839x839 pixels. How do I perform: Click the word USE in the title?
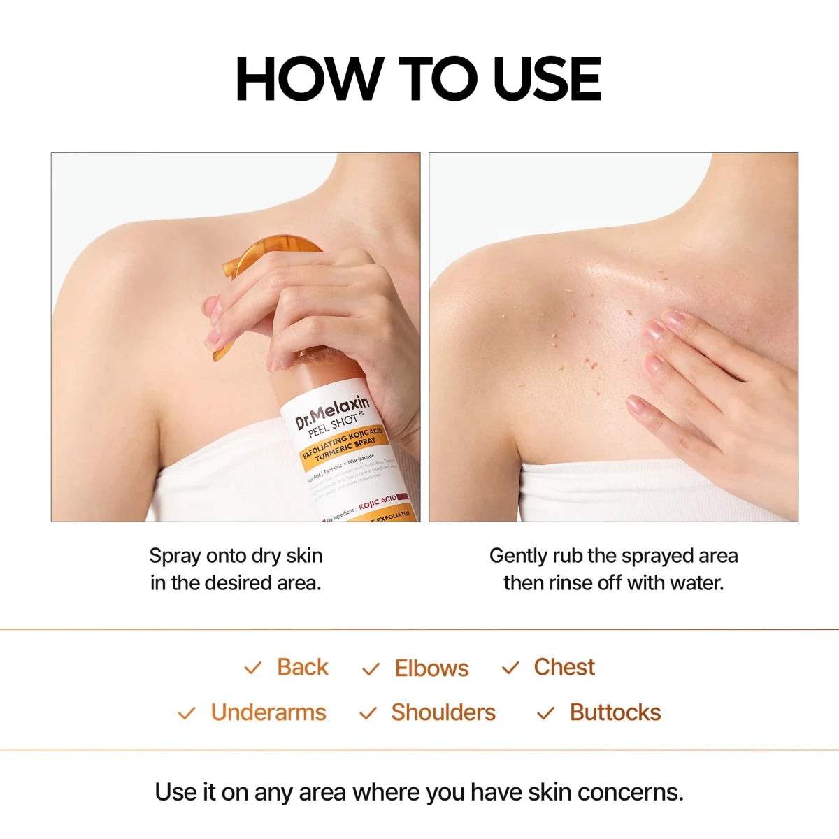(547, 78)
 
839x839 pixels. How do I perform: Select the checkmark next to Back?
(252, 668)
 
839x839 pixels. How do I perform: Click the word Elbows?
(431, 668)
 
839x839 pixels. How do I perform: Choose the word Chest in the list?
(564, 667)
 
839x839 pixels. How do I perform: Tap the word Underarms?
(268, 712)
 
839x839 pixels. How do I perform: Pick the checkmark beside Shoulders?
(368, 713)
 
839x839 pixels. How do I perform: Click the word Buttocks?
(615, 712)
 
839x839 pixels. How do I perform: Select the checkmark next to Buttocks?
(545, 713)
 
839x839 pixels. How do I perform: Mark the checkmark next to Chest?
(510, 668)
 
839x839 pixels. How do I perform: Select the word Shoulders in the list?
(443, 712)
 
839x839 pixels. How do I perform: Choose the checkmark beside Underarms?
(187, 713)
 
